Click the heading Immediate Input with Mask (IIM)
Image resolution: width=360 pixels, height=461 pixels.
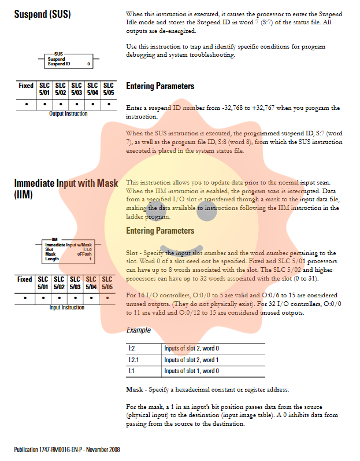coord(66,189)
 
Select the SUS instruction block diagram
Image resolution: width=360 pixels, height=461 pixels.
coord(68,60)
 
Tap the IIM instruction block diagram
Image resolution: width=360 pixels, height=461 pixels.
coord(68,250)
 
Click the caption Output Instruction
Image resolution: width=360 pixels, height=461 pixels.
coord(68,114)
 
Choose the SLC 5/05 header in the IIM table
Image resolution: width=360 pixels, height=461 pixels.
coord(107,282)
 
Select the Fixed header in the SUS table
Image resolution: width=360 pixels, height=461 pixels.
coord(26,86)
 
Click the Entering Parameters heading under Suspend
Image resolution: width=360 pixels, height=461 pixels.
coord(160,86)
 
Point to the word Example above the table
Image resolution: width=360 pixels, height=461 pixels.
coord(138,330)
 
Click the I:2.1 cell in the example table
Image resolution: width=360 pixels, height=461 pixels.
coord(134,360)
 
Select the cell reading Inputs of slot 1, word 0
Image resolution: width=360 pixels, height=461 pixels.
coord(191,371)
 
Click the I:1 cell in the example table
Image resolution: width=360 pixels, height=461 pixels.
coord(132,371)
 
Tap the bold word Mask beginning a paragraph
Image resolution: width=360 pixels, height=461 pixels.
coord(135,389)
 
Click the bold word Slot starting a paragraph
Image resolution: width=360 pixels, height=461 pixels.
coord(133,253)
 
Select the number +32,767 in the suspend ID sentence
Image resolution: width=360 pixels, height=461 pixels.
coord(262,108)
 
